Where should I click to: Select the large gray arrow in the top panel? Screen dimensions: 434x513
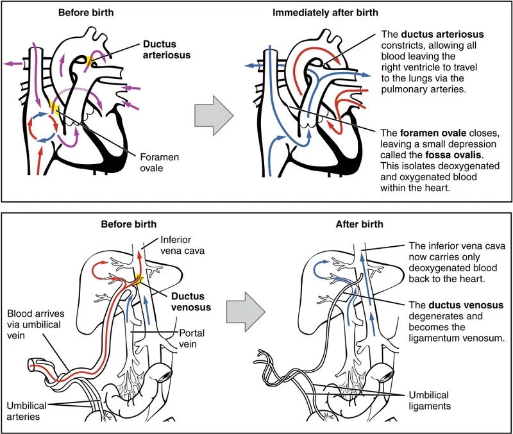click(212, 117)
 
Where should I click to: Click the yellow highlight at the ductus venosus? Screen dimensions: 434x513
click(137, 280)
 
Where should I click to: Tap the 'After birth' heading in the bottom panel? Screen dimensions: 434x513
click(360, 224)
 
